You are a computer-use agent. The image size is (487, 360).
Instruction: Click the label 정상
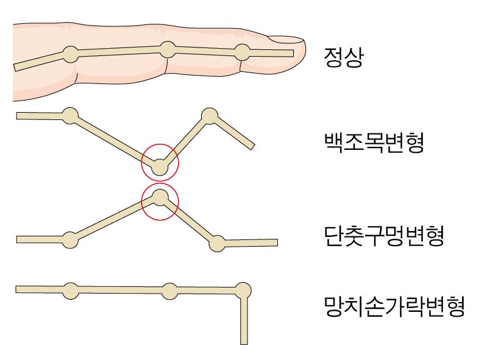pos(343,57)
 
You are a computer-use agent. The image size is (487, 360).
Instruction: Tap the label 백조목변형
pos(374,142)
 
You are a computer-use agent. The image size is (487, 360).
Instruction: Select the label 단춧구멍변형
pos(384,236)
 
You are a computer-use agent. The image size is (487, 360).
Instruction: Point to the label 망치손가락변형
pos(394,306)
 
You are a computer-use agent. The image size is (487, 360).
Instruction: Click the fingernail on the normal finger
pos(286,39)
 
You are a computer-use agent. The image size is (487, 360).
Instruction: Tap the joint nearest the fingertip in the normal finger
pos(242,52)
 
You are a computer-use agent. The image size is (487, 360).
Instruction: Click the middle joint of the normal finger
pos(168,50)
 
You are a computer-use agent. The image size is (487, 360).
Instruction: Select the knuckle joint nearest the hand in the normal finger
pos(71,54)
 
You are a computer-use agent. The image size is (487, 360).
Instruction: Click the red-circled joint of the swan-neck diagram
pos(160,167)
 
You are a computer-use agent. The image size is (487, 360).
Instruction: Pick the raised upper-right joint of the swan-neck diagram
pos(210,116)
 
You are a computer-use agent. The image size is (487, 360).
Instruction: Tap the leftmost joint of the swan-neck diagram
pos(70,116)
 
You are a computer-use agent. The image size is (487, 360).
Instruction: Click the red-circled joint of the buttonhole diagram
pos(160,198)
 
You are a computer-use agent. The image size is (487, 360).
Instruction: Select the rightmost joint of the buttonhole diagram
pos(217,243)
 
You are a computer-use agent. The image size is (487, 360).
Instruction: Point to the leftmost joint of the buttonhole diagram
pos(70,240)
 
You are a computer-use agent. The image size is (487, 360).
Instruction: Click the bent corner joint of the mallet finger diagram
pos(243,291)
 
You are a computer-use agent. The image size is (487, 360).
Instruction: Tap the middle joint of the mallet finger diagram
pos(169,291)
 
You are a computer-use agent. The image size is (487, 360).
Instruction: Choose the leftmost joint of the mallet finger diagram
pos(71,291)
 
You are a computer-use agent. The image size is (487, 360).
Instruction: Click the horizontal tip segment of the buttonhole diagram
pos(251,242)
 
